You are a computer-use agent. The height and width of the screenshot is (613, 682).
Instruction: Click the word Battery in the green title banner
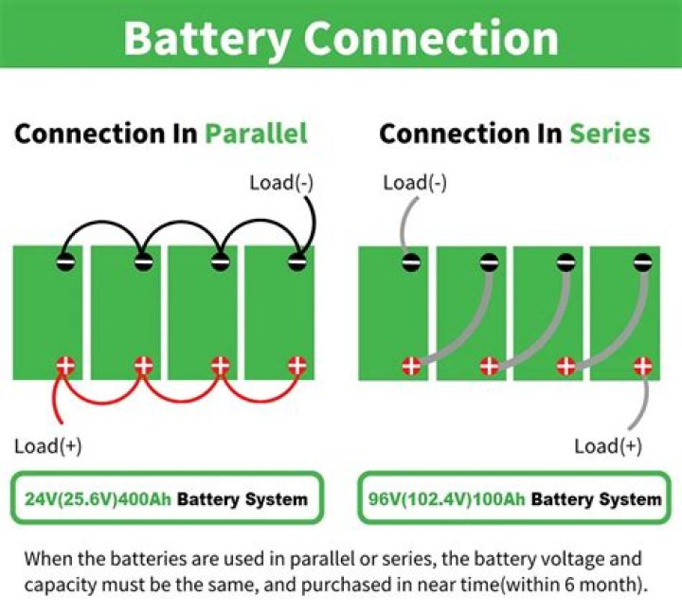[206, 37]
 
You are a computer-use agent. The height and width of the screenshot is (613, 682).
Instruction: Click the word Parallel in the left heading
[256, 134]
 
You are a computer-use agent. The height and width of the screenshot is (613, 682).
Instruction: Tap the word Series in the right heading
[609, 134]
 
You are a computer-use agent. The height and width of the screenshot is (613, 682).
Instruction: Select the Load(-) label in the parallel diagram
[280, 182]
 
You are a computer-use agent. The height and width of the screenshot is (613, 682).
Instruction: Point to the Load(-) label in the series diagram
[415, 182]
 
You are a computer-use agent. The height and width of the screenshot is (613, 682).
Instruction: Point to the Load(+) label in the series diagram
[608, 445]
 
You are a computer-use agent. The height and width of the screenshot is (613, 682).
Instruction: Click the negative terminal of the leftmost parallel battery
[65, 262]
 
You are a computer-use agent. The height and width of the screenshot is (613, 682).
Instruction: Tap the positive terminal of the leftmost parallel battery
[65, 365]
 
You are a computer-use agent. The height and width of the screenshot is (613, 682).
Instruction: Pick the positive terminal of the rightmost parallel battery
[297, 365]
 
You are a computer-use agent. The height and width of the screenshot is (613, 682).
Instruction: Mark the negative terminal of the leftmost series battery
[411, 262]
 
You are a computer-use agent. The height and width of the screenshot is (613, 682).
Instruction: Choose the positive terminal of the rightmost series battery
[644, 366]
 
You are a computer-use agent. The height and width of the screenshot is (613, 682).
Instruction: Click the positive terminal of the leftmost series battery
[411, 366]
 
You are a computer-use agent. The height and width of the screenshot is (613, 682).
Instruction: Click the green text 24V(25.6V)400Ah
[98, 498]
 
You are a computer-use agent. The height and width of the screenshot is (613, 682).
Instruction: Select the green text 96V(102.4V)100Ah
[445, 498]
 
